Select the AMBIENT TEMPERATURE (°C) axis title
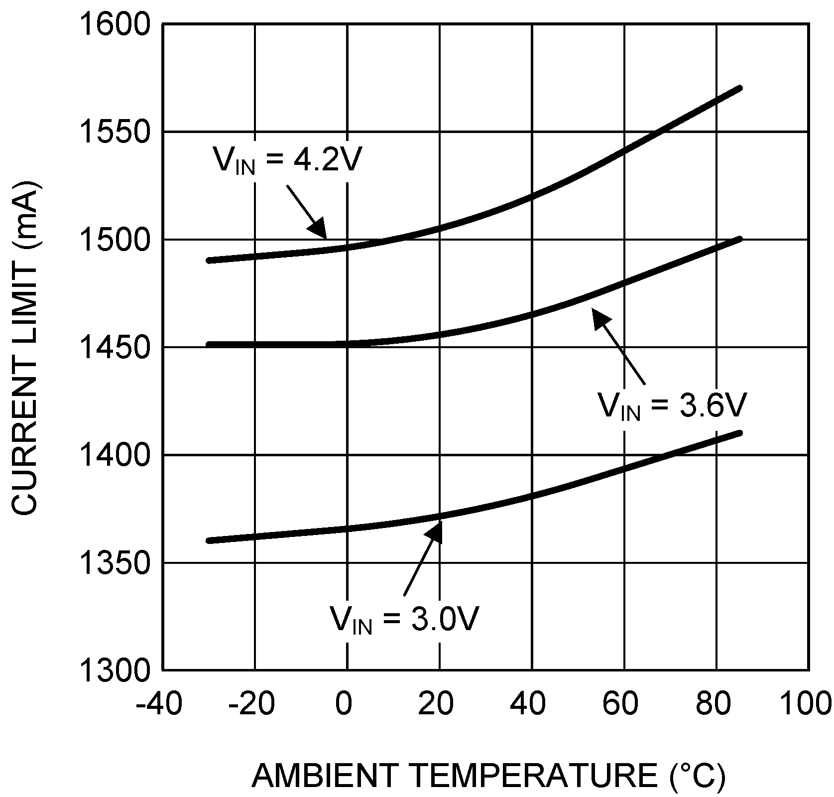coord(488,775)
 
